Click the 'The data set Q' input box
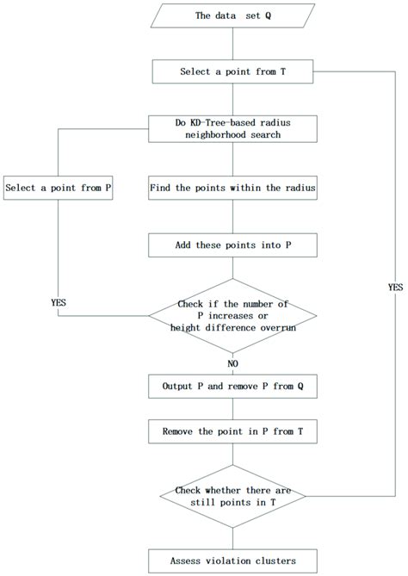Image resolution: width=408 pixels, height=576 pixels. click(x=232, y=15)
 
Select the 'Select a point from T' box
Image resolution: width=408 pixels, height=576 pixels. click(x=232, y=71)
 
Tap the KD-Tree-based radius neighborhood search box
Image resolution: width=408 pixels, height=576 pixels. click(x=232, y=129)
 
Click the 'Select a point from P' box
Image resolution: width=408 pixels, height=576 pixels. click(x=58, y=188)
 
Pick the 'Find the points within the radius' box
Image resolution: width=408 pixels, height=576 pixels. click(x=232, y=188)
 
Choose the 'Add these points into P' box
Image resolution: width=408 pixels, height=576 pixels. click(x=232, y=245)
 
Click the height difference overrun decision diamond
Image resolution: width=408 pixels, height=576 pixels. click(x=232, y=316)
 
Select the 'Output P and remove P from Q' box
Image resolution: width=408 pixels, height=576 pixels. click(x=232, y=387)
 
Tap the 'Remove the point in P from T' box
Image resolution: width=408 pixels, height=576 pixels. click(x=232, y=431)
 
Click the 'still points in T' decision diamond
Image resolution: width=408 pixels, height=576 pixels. click(x=232, y=496)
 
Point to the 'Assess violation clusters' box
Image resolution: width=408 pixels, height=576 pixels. click(x=232, y=561)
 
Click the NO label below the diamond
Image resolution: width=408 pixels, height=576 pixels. click(x=232, y=363)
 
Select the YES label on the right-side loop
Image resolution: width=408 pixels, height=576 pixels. click(x=395, y=288)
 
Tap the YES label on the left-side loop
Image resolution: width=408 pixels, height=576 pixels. click(x=59, y=303)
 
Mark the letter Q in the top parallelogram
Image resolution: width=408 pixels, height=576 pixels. click(x=268, y=15)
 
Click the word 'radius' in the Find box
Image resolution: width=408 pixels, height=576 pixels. click(x=300, y=188)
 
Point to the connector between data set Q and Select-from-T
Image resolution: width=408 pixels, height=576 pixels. click(x=232, y=44)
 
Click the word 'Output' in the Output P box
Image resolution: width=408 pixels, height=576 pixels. click(x=177, y=387)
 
